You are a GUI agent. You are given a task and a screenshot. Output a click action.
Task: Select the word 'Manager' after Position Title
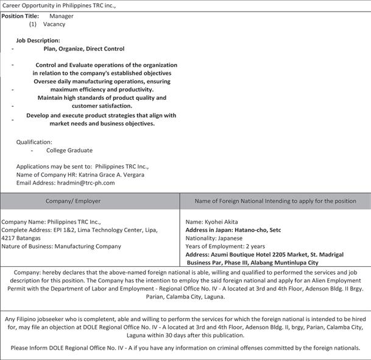pos(62,16)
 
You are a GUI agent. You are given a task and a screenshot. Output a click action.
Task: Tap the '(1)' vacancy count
pos(33,24)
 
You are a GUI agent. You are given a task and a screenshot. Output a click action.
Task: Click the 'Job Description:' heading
pos(38,40)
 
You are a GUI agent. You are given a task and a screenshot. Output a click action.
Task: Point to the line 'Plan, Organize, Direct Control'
pos(84,49)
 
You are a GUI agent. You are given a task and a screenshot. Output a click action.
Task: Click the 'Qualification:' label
pos(34,142)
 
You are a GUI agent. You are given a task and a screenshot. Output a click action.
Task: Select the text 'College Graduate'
pos(69,150)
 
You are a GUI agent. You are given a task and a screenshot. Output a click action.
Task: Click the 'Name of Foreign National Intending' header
pos(275,201)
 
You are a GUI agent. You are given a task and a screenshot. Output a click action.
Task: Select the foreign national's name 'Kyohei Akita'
pos(222,222)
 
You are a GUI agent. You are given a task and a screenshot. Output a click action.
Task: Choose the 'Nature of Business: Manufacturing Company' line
pos(62,246)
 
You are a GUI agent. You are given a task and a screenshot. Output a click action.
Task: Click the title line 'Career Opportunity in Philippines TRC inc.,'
pos(59,5)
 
